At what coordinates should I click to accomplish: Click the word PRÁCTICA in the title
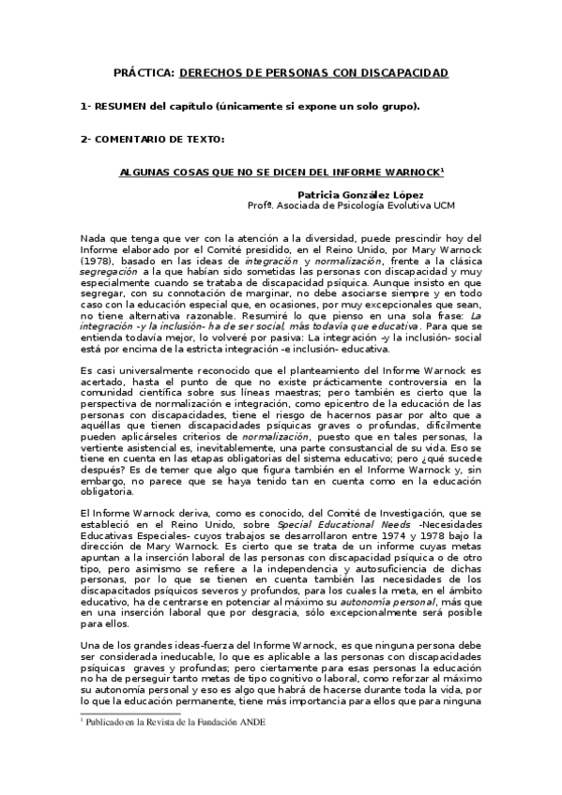143,72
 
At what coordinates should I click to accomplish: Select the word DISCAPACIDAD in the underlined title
400,72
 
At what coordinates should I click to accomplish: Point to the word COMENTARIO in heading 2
136,140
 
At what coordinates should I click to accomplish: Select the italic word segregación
109,269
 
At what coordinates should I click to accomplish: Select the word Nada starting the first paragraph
95,239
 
